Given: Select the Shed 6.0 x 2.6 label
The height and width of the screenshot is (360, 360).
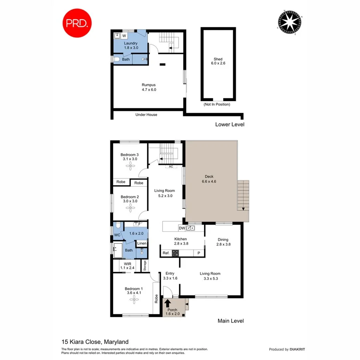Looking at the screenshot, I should pos(218,61).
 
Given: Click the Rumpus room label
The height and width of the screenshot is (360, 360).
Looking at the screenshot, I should pos(148,87).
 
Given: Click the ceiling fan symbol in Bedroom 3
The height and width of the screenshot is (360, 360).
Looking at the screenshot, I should pos(130,168).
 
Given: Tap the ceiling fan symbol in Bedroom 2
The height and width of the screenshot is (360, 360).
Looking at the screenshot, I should pos(129,207).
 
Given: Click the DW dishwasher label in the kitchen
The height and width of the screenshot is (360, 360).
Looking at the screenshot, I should pos(182,228).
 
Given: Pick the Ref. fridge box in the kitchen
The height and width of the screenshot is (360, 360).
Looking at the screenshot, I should pos(166,253).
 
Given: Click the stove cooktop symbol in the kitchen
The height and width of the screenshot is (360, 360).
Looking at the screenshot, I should pos(176,253).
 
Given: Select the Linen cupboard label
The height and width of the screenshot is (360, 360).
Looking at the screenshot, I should pos(142,244).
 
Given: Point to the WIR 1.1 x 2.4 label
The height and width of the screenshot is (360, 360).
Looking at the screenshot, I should pos(127,266).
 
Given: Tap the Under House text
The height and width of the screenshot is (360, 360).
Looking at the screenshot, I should pos(146,115).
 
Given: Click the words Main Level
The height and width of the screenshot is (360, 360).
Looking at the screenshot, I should pos(230,321).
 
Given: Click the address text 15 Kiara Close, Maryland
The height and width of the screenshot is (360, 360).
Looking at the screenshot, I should pos(95,342).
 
